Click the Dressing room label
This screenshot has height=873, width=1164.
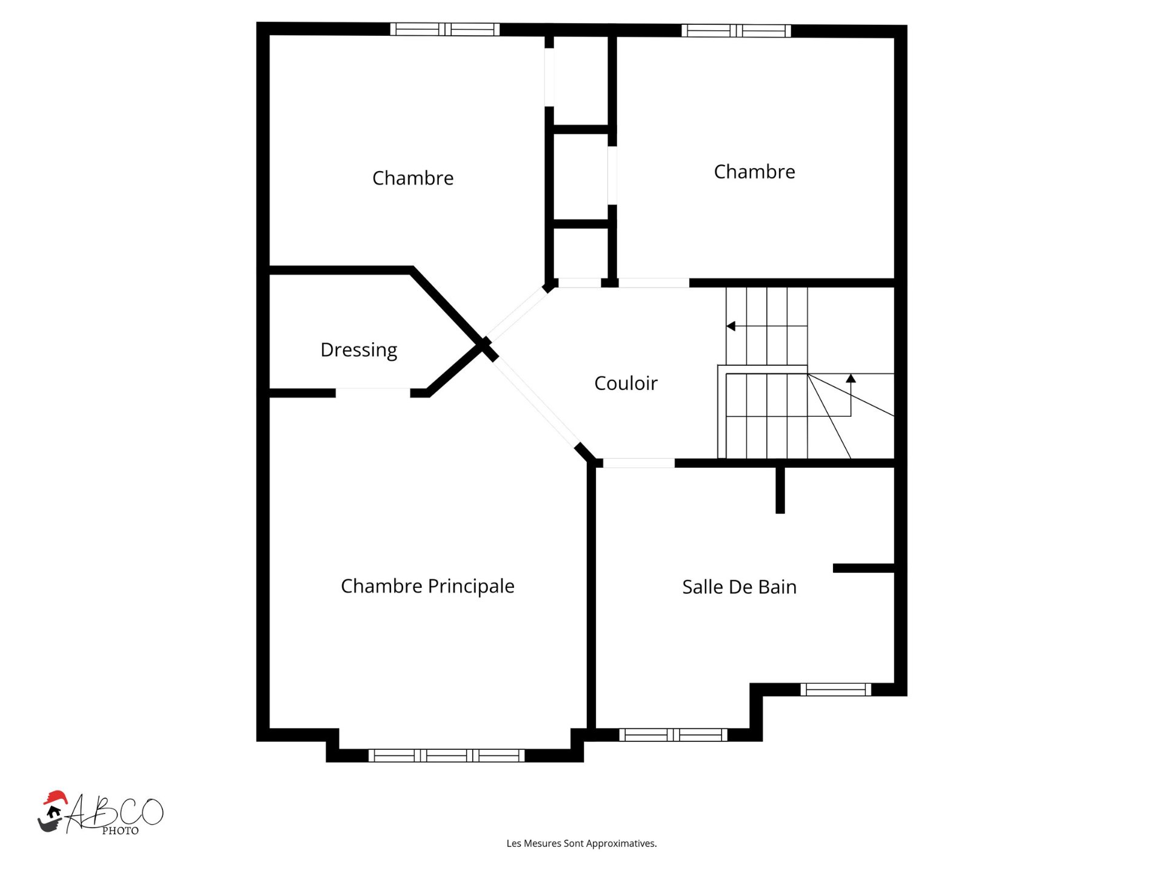click(x=359, y=351)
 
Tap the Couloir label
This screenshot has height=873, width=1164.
click(x=626, y=383)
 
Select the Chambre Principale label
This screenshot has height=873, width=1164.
click(x=427, y=587)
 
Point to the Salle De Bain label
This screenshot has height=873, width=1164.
click(x=739, y=587)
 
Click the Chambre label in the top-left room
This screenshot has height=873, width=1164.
click(x=413, y=178)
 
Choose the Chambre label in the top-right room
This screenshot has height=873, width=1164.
click(x=754, y=172)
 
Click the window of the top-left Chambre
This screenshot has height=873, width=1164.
click(x=444, y=29)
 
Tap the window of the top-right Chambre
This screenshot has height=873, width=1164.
click(x=736, y=30)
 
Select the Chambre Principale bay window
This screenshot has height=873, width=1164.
click(x=446, y=755)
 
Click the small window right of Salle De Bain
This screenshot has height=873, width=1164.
click(x=835, y=689)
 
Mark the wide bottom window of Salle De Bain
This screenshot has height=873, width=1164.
click(x=673, y=735)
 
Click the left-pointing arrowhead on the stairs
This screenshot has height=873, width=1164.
click(x=731, y=326)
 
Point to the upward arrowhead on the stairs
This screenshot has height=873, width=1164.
click(x=851, y=379)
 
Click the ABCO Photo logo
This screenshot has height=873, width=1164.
click(x=101, y=814)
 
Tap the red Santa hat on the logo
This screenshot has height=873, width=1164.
click(x=55, y=798)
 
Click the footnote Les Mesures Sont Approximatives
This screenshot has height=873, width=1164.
click(x=581, y=844)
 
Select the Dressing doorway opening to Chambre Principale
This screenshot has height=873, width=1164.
click(x=373, y=393)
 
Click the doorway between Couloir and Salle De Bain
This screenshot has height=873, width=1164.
click(x=638, y=463)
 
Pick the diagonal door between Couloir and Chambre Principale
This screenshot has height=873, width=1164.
click(x=536, y=402)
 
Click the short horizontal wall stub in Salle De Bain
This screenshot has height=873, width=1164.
click(x=864, y=568)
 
